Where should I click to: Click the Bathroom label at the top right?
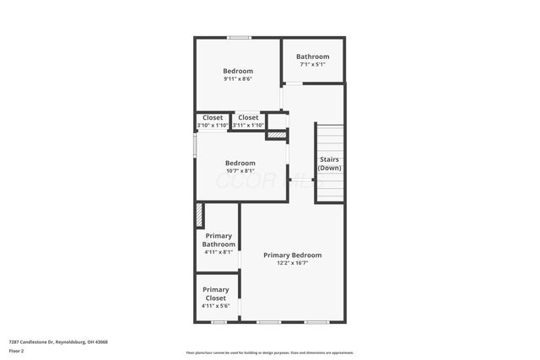(312, 56)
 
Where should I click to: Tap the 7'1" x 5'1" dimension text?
(312, 65)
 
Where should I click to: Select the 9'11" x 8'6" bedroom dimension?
(238, 79)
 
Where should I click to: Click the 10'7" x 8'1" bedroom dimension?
(240, 171)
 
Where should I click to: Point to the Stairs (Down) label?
(330, 164)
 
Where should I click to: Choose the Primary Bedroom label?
(292, 255)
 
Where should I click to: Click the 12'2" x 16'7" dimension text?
(292, 263)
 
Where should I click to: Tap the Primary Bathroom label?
(219, 240)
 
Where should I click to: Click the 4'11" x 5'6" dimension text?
(216, 306)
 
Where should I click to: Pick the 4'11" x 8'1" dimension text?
(219, 252)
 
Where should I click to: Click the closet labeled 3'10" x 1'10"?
(212, 126)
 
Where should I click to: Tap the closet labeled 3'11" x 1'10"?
(248, 126)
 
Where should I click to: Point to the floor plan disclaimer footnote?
(269, 352)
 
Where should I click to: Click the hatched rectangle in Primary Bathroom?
(199, 215)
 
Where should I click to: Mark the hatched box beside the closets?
(276, 135)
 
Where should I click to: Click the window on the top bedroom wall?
(239, 37)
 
